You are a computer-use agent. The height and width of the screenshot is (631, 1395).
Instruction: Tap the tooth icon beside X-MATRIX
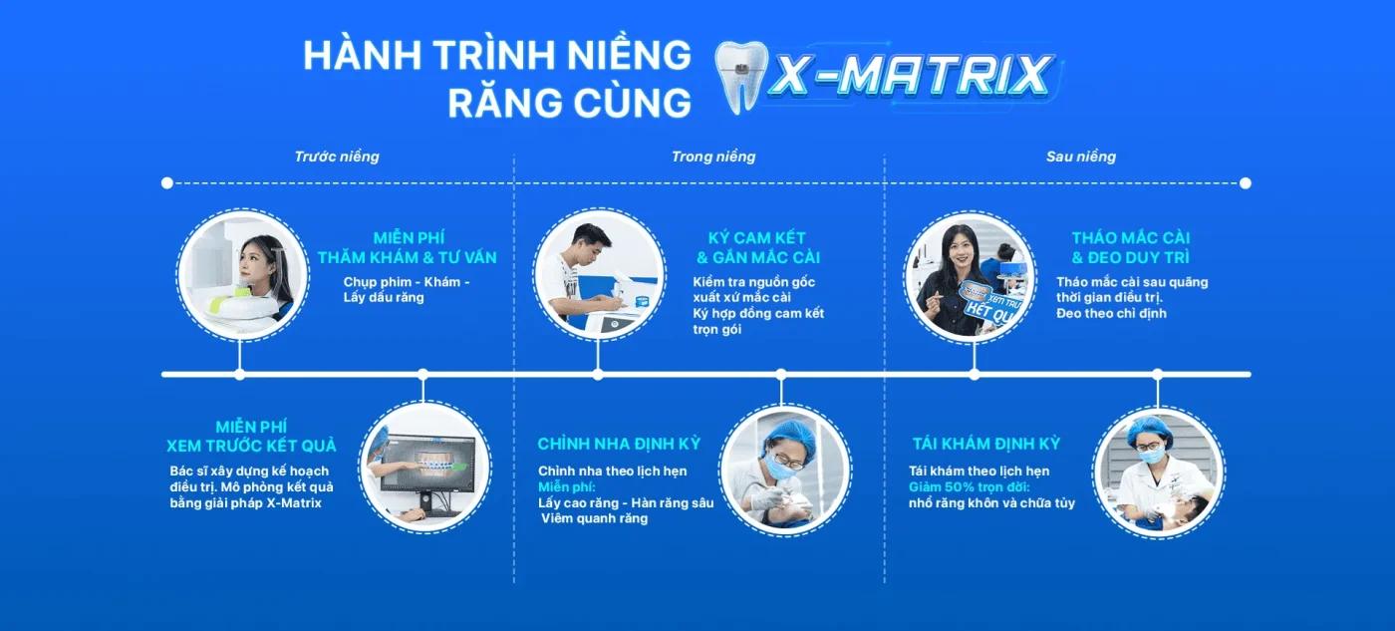[x=739, y=78]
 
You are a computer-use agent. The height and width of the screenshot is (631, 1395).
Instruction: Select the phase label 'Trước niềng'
[x=337, y=157]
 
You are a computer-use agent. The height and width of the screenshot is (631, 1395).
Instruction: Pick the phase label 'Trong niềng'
[x=713, y=157]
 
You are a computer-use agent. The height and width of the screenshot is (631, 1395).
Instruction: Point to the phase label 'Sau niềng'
[x=1081, y=157]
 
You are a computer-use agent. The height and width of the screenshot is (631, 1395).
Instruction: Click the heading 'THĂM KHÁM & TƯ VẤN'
[x=407, y=258]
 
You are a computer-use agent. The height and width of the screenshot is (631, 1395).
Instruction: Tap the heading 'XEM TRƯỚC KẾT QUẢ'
[x=251, y=446]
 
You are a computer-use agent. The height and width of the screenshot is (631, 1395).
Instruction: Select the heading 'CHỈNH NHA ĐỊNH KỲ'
[x=619, y=444]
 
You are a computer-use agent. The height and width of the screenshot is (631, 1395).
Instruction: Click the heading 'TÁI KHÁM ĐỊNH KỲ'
[x=986, y=444]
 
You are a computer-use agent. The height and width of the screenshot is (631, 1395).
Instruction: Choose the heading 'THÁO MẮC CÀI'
[x=1131, y=238]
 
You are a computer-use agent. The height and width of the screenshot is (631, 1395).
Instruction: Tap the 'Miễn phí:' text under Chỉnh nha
[x=566, y=487]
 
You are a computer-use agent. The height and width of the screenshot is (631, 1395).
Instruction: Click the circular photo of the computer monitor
[x=423, y=467]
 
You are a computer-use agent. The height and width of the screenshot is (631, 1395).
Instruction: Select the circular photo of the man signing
[x=598, y=275]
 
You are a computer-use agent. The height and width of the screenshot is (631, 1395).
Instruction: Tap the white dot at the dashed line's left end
[x=167, y=183]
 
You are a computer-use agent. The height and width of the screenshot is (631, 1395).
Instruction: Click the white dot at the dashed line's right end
[x=1245, y=183]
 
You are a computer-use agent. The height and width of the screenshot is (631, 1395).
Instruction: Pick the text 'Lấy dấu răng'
[x=384, y=297]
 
